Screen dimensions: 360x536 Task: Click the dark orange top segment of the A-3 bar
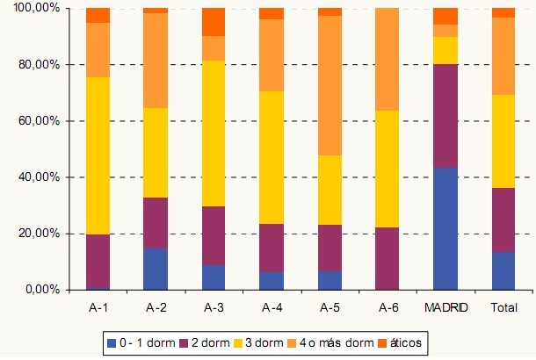click(x=214, y=22)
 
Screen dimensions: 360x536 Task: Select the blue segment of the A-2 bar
click(x=156, y=269)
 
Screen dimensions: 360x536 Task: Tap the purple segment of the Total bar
click(x=503, y=220)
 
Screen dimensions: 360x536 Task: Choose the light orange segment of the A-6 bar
click(x=388, y=59)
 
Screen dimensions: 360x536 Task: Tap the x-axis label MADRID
click(x=445, y=307)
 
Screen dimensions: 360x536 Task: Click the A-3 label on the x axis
click(x=214, y=307)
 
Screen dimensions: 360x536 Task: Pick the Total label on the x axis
click(x=503, y=307)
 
